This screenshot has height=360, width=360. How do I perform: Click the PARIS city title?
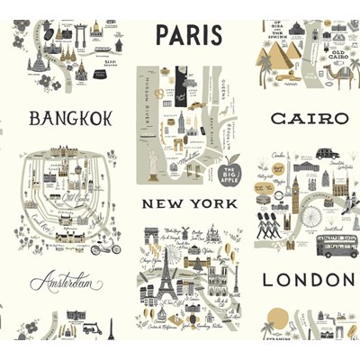(x=188, y=35)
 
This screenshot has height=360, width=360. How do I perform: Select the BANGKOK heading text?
(x=70, y=119)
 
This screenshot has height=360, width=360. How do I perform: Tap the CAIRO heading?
(x=309, y=119)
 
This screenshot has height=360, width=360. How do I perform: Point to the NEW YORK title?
(x=188, y=204)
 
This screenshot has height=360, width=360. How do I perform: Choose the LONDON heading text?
(x=309, y=280)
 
